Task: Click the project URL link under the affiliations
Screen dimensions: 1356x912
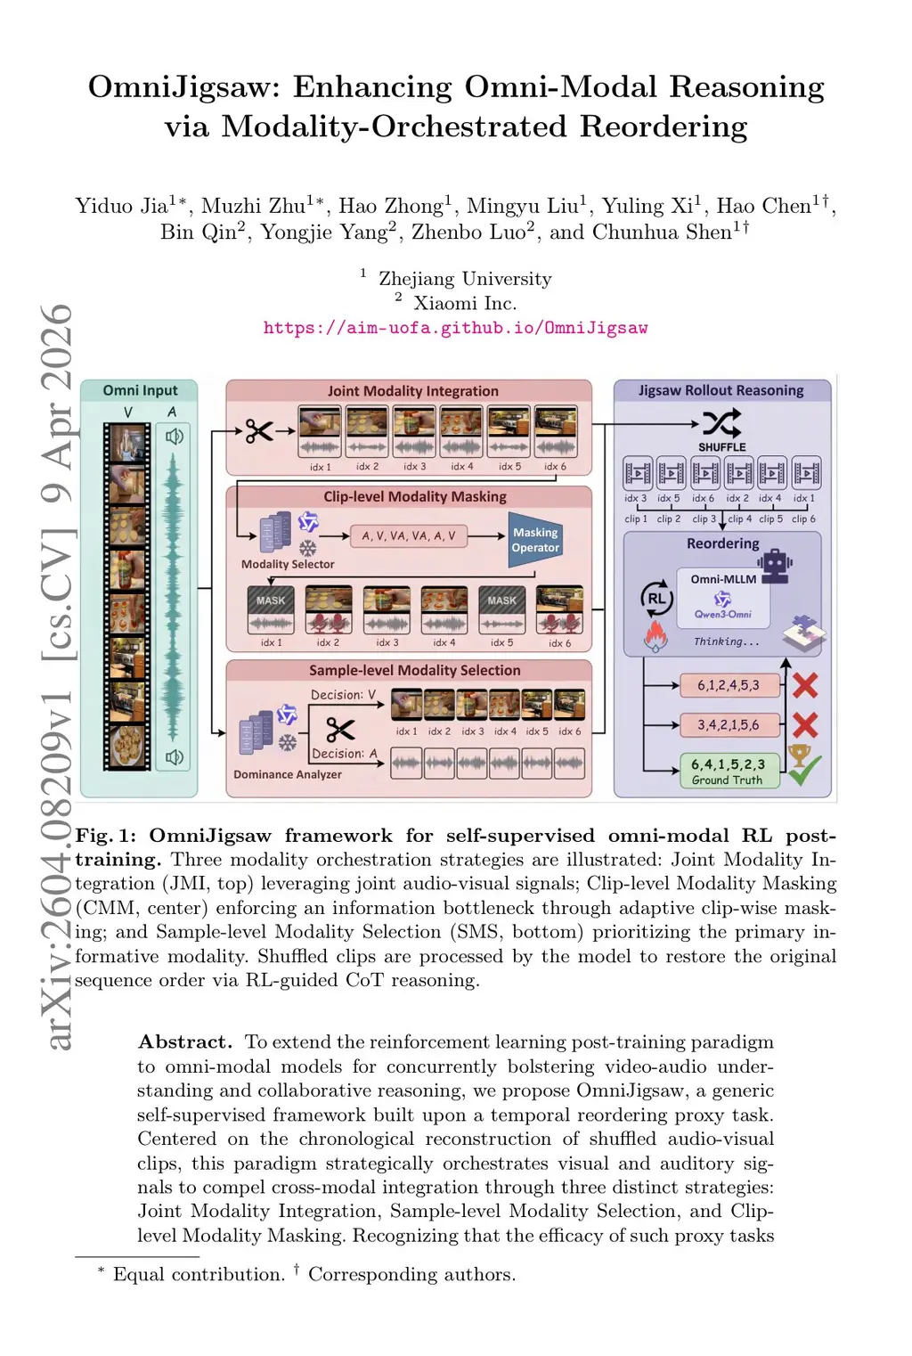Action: [x=455, y=328]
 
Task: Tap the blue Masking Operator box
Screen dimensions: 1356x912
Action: [x=535, y=540]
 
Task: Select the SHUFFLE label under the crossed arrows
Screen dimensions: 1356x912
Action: [x=721, y=446]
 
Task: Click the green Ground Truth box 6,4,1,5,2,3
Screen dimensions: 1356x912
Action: [x=728, y=770]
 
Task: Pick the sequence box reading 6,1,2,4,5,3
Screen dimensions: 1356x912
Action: [x=728, y=685]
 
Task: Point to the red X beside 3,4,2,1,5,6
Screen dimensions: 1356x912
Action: [x=805, y=725]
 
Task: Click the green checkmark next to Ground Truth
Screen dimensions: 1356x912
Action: [x=805, y=772]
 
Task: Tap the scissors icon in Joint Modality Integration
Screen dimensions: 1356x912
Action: [x=259, y=432]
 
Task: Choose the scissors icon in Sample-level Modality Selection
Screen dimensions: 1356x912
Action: [x=339, y=731]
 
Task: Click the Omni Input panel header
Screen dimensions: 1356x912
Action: [x=140, y=390]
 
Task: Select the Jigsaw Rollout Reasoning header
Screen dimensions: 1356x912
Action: [x=721, y=390]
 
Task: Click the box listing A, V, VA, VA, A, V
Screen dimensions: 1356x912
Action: [x=408, y=535]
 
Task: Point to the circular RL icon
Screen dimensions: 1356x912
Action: [x=656, y=599]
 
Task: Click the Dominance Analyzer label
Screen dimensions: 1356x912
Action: [x=287, y=774]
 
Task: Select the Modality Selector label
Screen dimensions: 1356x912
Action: [x=288, y=564]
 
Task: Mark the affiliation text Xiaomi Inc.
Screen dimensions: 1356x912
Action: [x=465, y=303]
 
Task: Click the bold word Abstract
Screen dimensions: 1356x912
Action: [x=184, y=1042]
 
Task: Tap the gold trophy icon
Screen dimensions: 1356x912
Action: [x=799, y=755]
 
